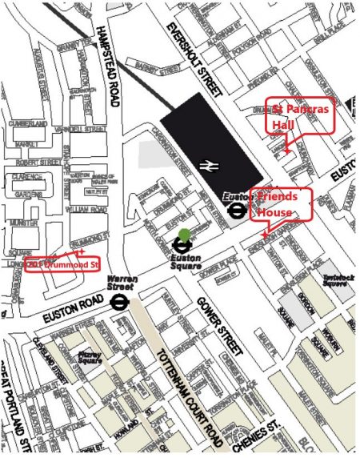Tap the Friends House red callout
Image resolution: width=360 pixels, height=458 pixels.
(281, 205)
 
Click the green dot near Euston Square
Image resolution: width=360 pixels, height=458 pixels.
(186, 235)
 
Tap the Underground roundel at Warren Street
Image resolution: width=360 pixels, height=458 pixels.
(120, 302)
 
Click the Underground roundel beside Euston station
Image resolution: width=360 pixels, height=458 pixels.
(237, 211)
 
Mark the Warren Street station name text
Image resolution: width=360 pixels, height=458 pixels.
(121, 283)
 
